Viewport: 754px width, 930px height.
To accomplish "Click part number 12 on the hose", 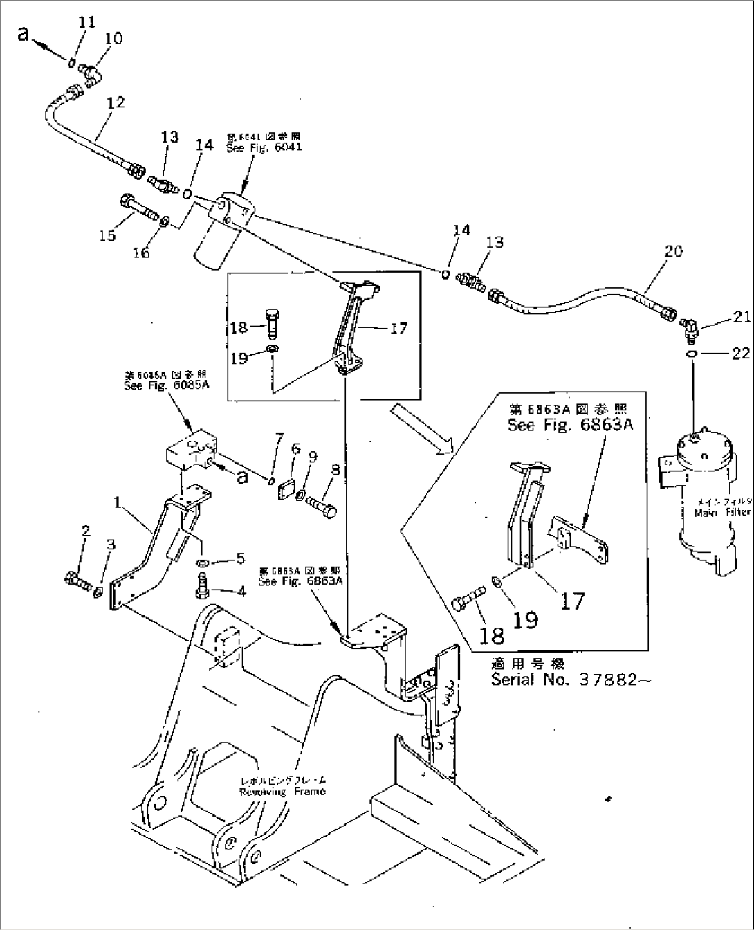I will click(x=116, y=102).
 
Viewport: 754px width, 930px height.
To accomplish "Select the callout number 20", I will click(x=673, y=250).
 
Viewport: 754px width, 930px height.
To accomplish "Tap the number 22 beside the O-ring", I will click(x=740, y=354).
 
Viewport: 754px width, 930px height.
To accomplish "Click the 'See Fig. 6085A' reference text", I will click(x=166, y=386).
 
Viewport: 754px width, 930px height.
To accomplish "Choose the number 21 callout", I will click(x=741, y=317).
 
